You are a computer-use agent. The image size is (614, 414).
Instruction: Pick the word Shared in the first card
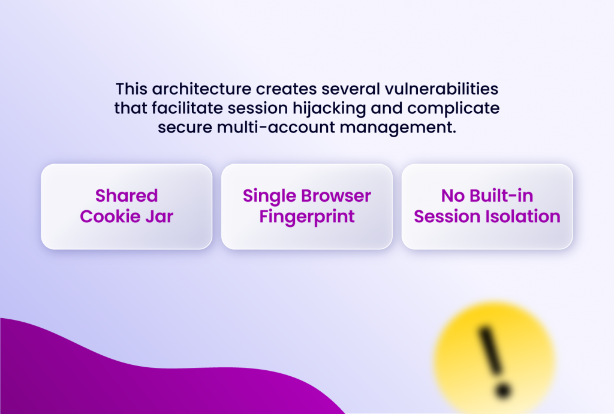click(x=127, y=196)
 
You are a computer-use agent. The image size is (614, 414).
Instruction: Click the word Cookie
click(x=112, y=216)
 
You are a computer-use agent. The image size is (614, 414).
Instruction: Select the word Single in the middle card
click(x=269, y=196)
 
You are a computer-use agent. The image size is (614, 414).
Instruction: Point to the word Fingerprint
click(x=307, y=216)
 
